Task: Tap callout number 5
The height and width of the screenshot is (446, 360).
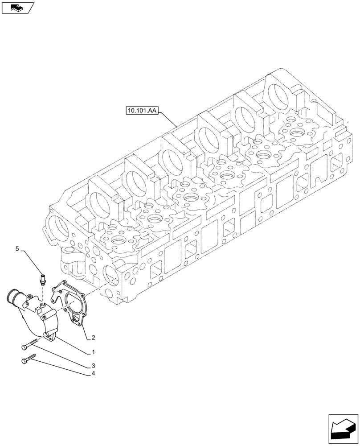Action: coord(18,249)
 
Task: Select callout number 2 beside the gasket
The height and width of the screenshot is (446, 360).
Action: coord(93,337)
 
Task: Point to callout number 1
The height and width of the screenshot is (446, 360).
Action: coord(93,352)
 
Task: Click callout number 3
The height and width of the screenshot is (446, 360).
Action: coord(93,365)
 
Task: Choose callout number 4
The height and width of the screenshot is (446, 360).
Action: coord(93,373)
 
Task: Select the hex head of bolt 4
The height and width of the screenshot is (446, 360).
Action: coord(24,362)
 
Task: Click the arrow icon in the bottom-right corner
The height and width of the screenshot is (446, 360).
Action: coord(343,428)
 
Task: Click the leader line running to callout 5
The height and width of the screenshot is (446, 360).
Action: coord(31,262)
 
